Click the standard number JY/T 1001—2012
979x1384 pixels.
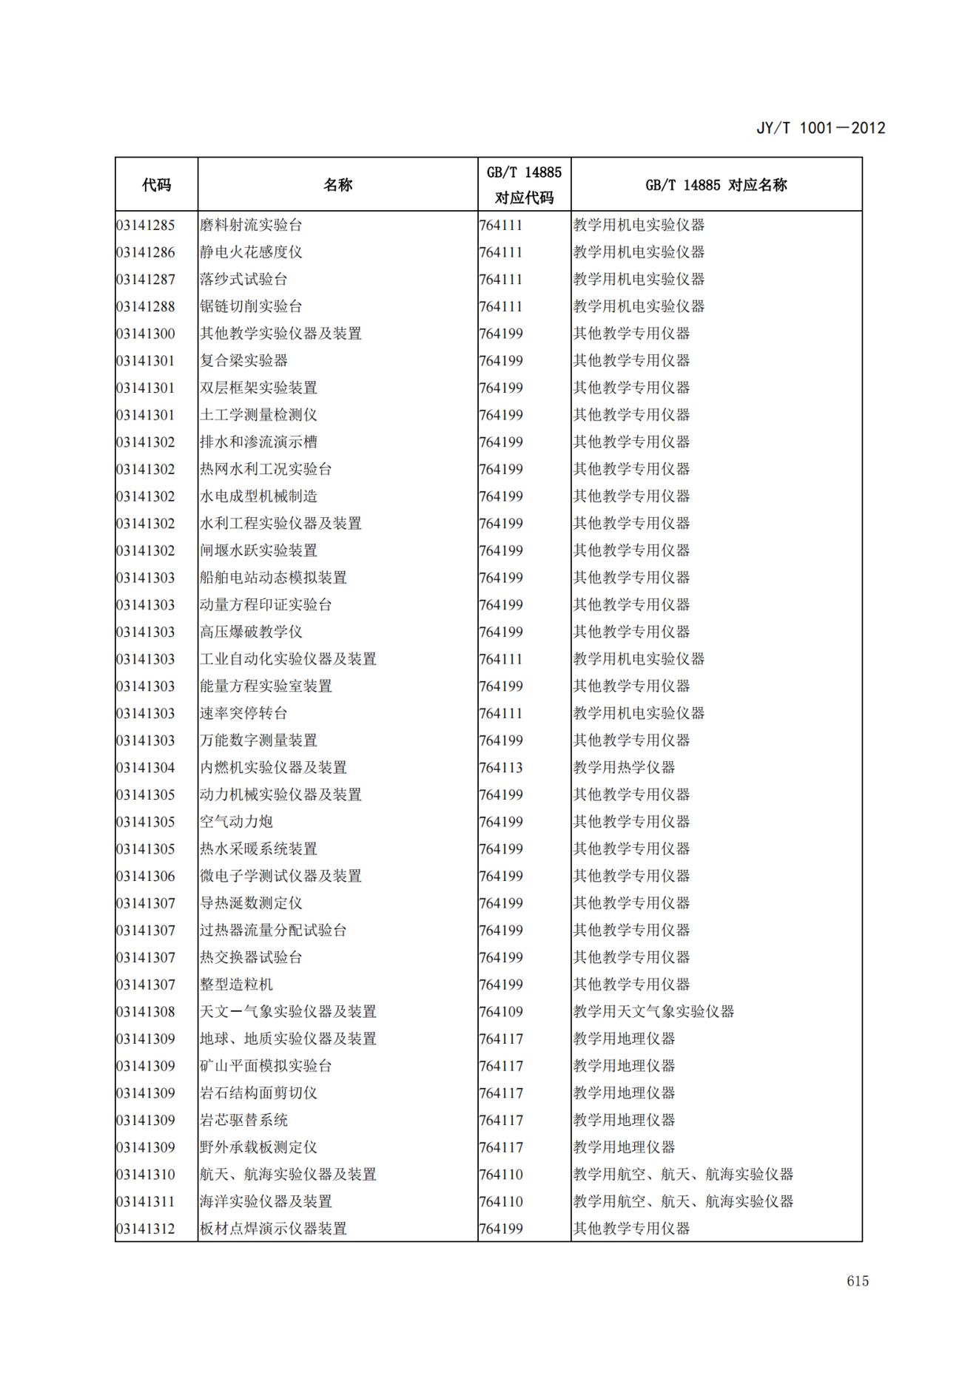click(821, 127)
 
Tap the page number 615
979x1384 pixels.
click(858, 1280)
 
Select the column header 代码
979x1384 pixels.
click(156, 185)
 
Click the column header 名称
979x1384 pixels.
click(337, 185)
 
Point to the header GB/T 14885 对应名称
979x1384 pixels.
click(716, 185)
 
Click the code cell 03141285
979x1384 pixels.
click(146, 225)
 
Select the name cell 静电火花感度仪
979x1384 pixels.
click(251, 252)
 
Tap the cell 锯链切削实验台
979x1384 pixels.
click(251, 306)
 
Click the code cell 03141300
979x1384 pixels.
click(146, 334)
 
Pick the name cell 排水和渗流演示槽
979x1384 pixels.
click(258, 442)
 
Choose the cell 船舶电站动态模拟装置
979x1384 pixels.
click(273, 578)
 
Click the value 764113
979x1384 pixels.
click(501, 768)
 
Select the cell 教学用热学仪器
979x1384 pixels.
click(624, 768)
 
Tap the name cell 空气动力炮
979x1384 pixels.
click(236, 822)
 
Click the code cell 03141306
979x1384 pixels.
click(146, 877)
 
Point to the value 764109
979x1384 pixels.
click(501, 1012)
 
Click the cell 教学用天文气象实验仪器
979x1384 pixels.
click(653, 1012)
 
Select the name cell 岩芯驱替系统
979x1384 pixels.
click(243, 1121)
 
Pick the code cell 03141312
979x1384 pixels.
click(146, 1229)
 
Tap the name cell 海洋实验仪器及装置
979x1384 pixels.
click(266, 1202)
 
